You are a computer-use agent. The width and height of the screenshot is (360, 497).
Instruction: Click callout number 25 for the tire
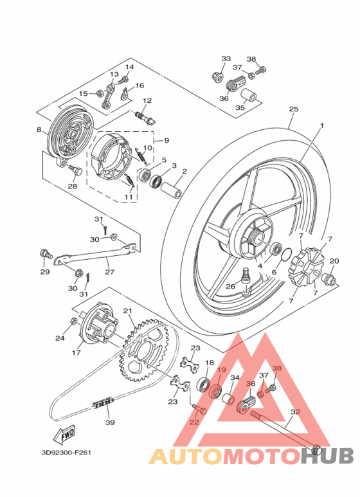click(x=294, y=109)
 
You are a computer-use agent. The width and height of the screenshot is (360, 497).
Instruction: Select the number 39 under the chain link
click(x=110, y=422)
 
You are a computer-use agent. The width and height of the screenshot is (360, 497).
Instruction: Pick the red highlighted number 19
click(x=221, y=370)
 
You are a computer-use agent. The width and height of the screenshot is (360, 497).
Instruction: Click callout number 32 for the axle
click(x=295, y=411)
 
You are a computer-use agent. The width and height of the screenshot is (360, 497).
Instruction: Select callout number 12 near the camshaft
click(x=147, y=101)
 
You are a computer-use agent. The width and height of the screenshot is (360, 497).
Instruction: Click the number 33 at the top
click(x=226, y=59)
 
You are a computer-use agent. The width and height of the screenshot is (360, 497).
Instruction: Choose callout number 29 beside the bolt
click(x=44, y=272)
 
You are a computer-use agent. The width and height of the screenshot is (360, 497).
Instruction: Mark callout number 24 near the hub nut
click(x=60, y=338)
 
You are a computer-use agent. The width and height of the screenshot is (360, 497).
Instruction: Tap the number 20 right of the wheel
click(x=334, y=260)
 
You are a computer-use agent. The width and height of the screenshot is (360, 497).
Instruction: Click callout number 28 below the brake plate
click(x=73, y=186)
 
